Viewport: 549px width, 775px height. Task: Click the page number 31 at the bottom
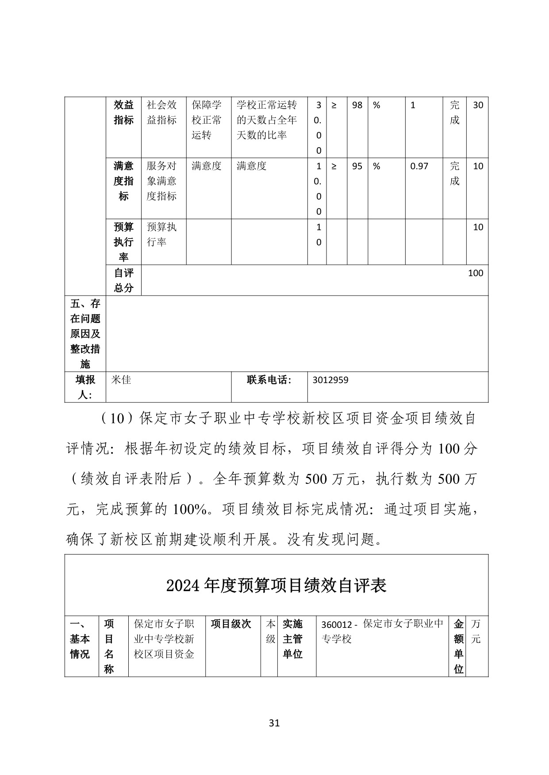click(x=274, y=723)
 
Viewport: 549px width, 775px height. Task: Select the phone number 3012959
click(x=330, y=380)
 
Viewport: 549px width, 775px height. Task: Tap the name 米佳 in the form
click(x=121, y=380)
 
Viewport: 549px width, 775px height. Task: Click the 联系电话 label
click(x=269, y=380)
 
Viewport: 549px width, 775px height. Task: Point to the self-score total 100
click(x=475, y=273)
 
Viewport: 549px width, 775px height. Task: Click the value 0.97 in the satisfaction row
click(x=419, y=166)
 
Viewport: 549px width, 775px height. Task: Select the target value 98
click(x=357, y=105)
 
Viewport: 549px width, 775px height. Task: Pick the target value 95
click(x=357, y=166)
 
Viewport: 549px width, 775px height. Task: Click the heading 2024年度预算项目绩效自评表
click(x=276, y=585)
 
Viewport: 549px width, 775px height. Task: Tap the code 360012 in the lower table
click(x=336, y=625)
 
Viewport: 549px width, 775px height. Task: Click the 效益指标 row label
click(x=123, y=112)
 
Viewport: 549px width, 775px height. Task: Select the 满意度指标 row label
click(x=123, y=181)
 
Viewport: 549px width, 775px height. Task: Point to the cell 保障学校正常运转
click(x=207, y=120)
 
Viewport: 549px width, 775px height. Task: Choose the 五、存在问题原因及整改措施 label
click(x=85, y=334)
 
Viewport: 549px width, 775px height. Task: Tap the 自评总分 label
click(x=123, y=280)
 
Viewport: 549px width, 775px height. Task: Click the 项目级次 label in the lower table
click(x=231, y=624)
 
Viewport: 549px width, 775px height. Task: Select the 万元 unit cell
click(x=476, y=631)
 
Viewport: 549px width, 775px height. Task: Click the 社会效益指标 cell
click(x=161, y=112)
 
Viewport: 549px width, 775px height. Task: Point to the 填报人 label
click(x=85, y=387)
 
